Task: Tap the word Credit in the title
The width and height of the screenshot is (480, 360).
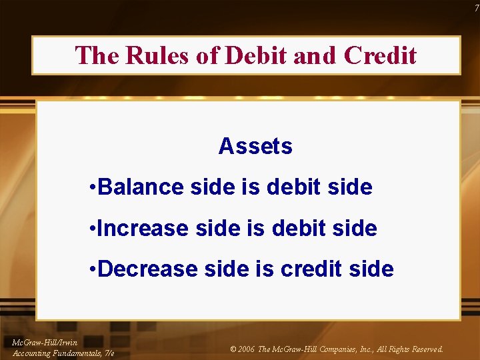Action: [x=381, y=55]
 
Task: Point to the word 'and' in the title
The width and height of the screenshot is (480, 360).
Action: [x=315, y=55]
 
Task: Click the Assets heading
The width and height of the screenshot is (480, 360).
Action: [x=255, y=146]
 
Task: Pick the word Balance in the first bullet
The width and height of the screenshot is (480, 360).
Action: [x=142, y=187]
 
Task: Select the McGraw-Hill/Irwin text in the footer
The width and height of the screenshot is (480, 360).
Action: [x=45, y=342]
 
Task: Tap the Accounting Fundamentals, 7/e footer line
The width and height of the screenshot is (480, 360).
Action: [x=63, y=353]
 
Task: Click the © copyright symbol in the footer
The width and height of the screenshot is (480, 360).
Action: [x=233, y=349]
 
